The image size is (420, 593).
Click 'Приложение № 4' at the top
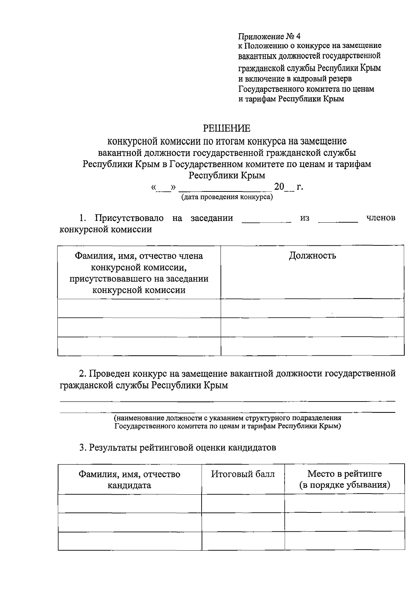point(269,36)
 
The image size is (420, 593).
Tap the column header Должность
point(312,256)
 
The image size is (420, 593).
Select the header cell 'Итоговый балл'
point(243,474)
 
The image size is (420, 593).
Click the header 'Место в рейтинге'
point(344,474)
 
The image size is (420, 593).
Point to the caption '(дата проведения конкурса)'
point(227,197)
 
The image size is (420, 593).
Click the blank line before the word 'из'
point(266,221)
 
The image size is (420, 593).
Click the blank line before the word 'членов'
point(338,221)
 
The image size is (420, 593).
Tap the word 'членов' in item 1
point(380,218)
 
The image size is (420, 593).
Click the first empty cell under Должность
point(312,308)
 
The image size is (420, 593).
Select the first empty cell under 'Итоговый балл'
point(243,503)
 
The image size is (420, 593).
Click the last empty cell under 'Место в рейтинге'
point(344,540)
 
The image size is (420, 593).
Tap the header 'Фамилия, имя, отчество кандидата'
point(129,480)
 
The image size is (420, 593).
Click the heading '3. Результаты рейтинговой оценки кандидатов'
point(177,447)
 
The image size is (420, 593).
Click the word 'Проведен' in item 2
point(109,374)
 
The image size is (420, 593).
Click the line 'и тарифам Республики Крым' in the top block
point(291,99)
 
